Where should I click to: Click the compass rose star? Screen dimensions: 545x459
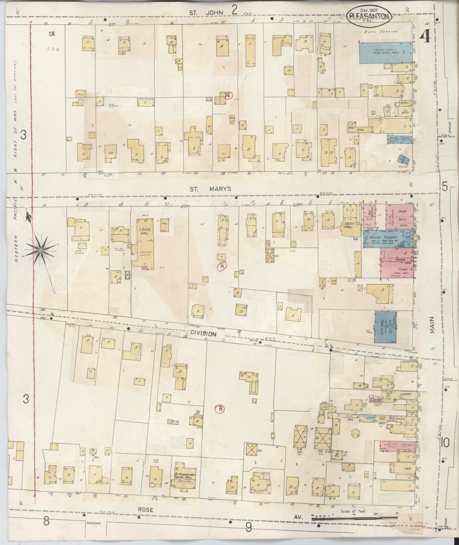40,251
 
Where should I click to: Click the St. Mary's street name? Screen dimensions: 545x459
210,189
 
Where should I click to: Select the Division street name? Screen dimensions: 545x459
204,334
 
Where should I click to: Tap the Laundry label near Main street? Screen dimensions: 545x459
404,394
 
